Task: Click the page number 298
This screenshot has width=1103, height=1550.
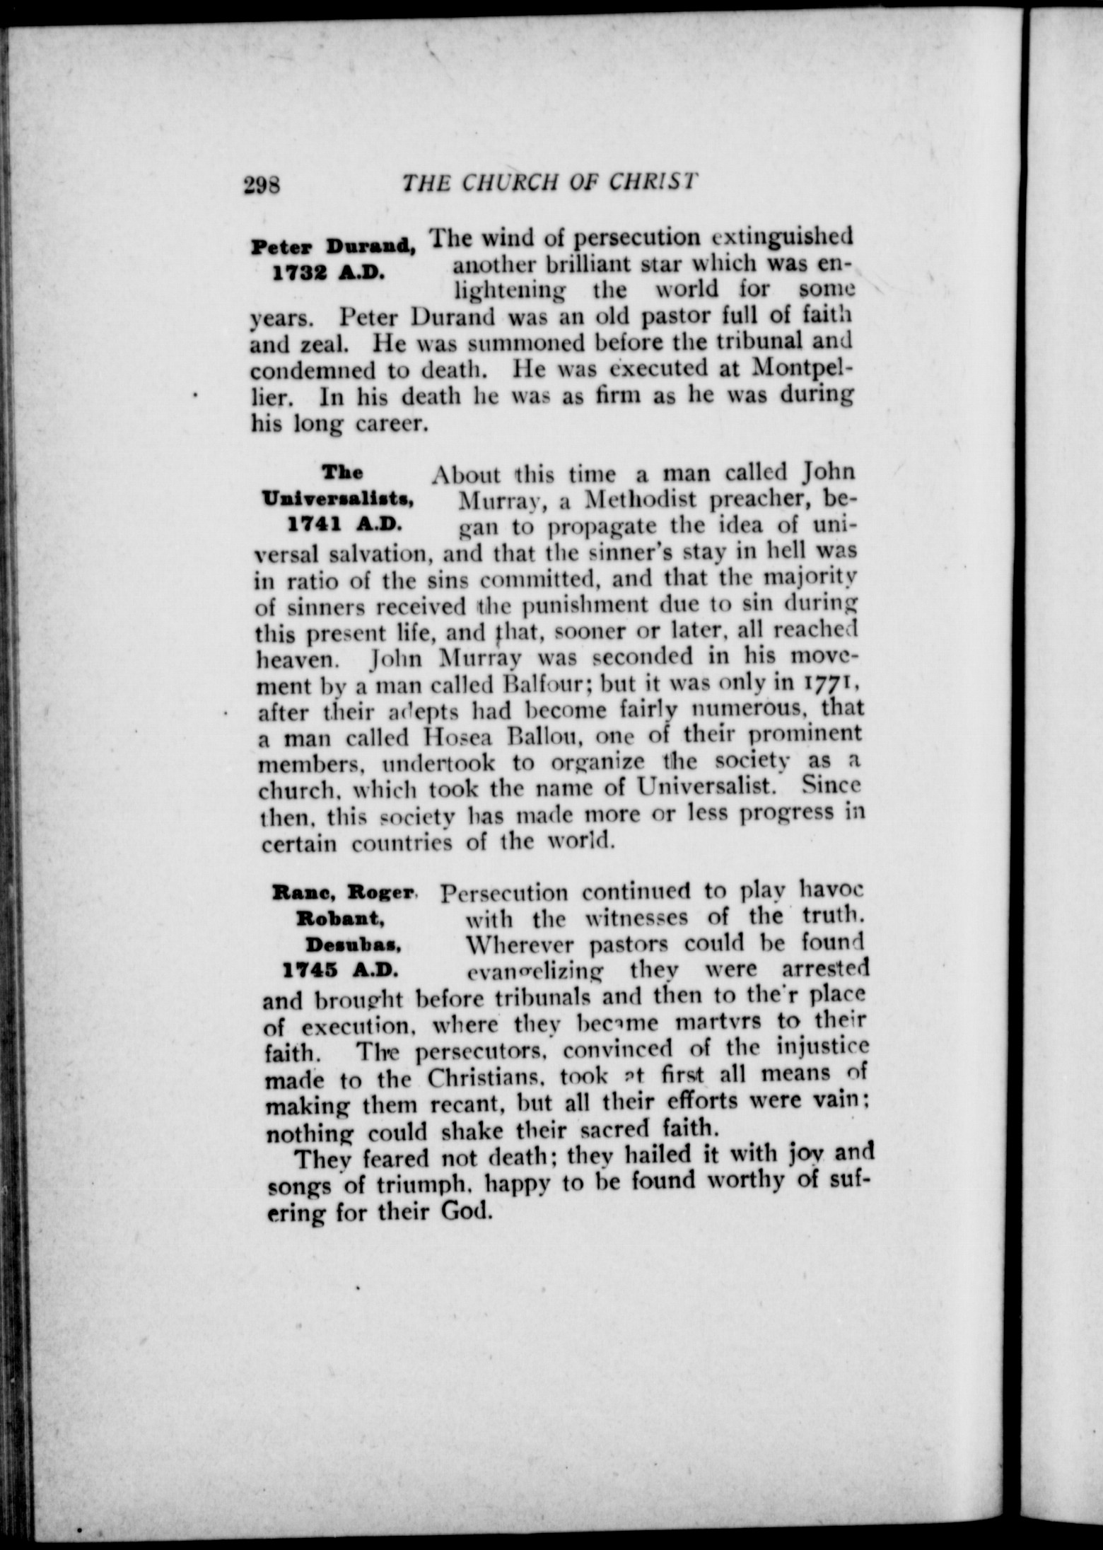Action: click(x=262, y=185)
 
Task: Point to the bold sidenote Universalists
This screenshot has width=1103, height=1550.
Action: click(x=337, y=500)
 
